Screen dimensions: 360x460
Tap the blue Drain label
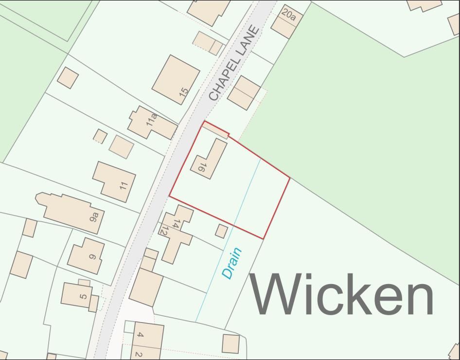(x=231, y=263)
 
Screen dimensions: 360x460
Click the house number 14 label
(x=177, y=224)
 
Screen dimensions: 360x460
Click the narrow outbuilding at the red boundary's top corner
(x=215, y=129)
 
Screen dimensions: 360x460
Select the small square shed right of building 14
(x=221, y=231)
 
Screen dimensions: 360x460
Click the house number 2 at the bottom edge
(x=138, y=355)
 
